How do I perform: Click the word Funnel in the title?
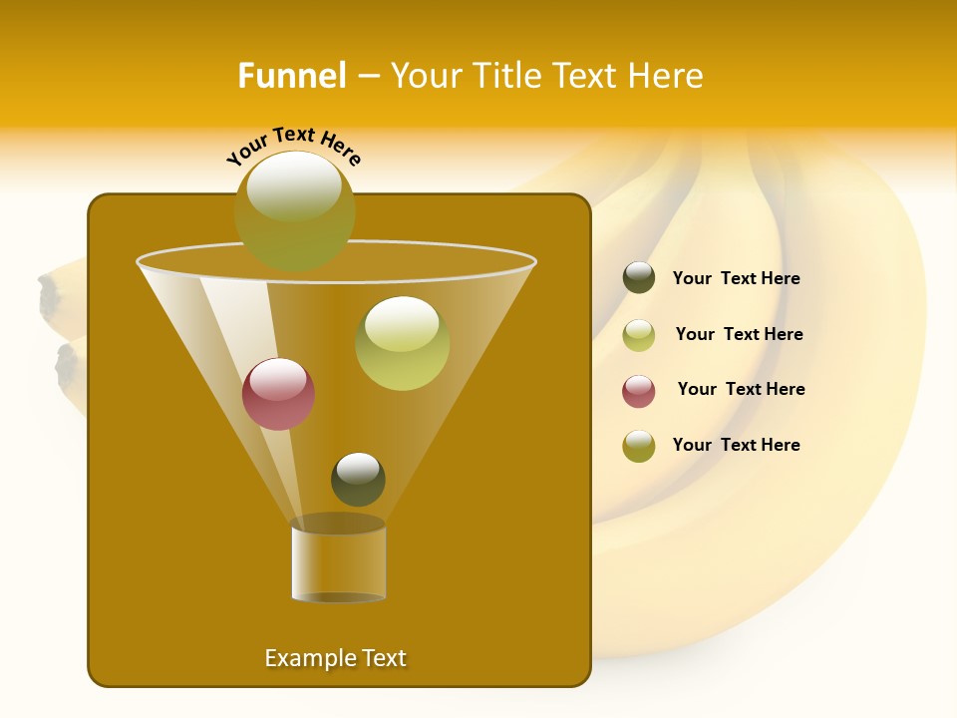click(x=291, y=76)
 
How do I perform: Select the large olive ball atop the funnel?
click(x=294, y=210)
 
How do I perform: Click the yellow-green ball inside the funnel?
click(x=402, y=343)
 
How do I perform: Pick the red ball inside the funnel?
click(x=278, y=394)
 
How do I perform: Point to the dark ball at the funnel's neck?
click(x=358, y=479)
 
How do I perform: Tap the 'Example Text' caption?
click(x=335, y=658)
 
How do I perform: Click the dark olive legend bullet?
click(x=639, y=278)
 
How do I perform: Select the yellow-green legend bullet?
click(x=639, y=335)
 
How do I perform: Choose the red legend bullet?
click(x=639, y=391)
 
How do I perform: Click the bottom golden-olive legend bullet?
click(x=639, y=446)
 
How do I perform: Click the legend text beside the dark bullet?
click(x=736, y=279)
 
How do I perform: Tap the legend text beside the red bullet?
click(x=741, y=390)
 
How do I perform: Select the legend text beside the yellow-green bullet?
click(x=739, y=335)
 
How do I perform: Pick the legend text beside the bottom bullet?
click(x=736, y=446)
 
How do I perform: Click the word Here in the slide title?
click(x=667, y=76)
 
